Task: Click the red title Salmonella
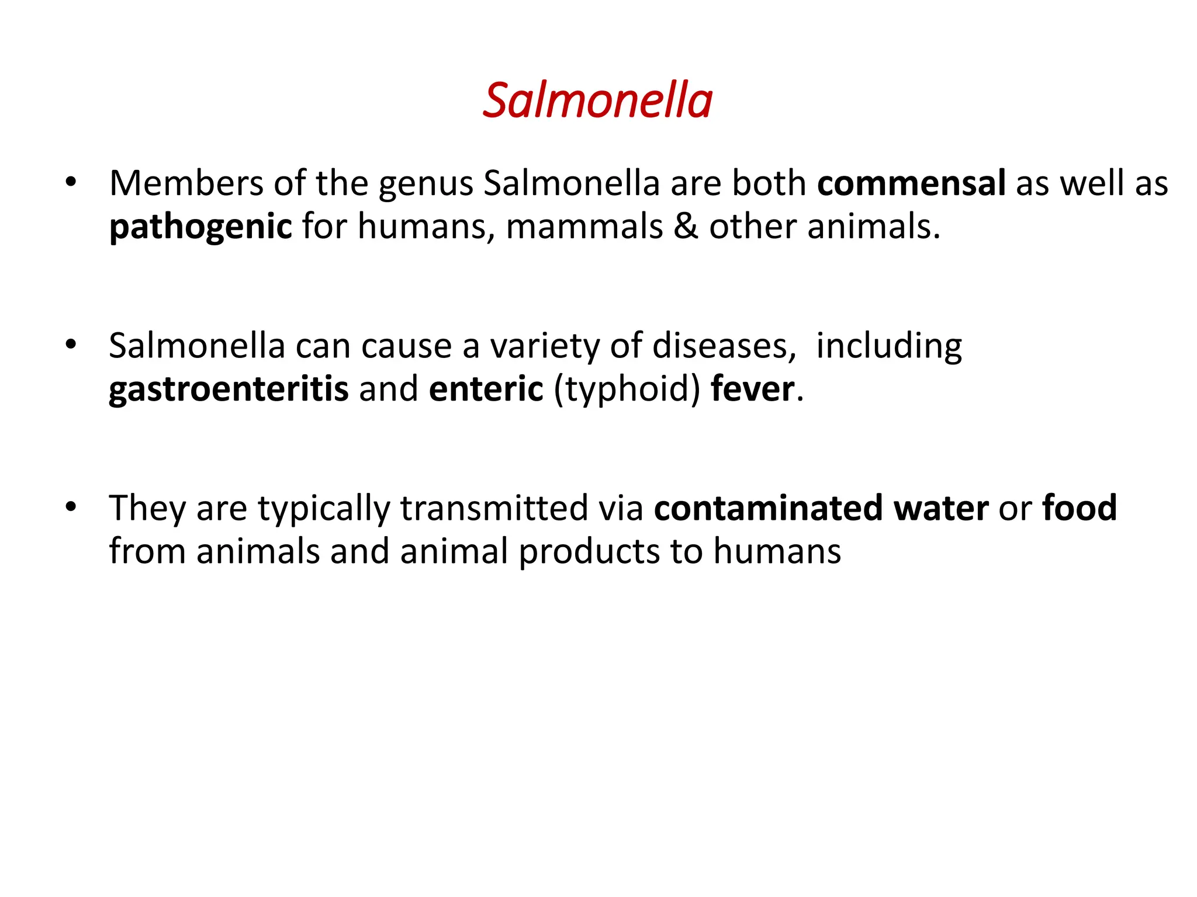click(597, 100)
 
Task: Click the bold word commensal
click(911, 183)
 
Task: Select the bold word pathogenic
click(200, 227)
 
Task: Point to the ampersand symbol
click(686, 227)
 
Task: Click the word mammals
click(584, 227)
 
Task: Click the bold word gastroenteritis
click(229, 389)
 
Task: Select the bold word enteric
click(486, 389)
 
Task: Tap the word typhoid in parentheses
click(627, 390)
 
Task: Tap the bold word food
click(1080, 508)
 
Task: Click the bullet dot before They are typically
click(71, 507)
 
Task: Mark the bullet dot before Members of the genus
click(71, 182)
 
